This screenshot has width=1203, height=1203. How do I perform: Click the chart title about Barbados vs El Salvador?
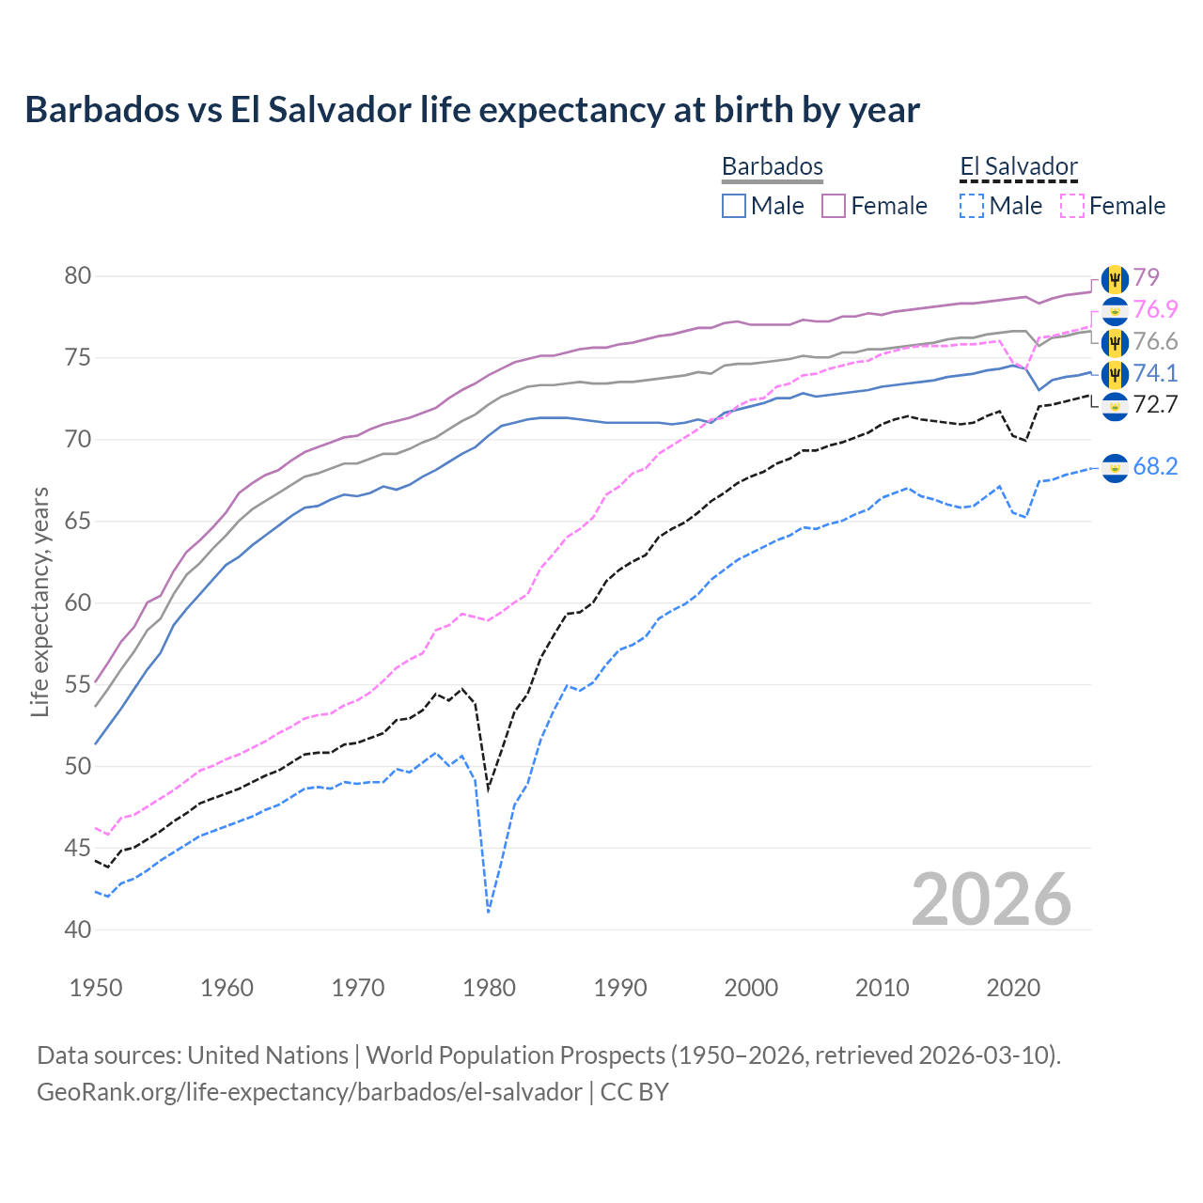pos(472,110)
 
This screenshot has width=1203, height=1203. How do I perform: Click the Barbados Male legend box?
pos(734,206)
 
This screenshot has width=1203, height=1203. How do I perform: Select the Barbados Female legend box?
pos(834,206)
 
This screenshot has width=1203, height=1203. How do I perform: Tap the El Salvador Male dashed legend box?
pos(972,206)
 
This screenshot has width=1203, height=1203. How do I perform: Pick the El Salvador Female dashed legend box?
pos(1072,206)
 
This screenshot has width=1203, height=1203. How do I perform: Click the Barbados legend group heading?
pos(772,166)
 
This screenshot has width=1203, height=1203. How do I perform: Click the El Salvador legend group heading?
pos(1018,166)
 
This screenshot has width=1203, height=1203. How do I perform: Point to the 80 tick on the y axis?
pos(78,276)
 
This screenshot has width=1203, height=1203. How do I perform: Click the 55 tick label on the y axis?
pos(78,684)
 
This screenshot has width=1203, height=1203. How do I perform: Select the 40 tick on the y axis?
pos(78,930)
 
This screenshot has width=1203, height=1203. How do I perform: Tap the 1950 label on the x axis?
pos(96,988)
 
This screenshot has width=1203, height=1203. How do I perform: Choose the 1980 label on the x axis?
pos(489,988)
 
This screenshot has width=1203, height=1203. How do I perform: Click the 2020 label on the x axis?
pos(1013,988)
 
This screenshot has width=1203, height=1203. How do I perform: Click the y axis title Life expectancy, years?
pos(39,601)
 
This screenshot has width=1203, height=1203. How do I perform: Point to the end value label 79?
pos(1146,277)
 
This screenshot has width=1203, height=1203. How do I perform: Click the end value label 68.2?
pos(1155,467)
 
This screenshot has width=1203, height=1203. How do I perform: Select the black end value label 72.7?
pos(1155,405)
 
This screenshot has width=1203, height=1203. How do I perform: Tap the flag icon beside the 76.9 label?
pos(1115,310)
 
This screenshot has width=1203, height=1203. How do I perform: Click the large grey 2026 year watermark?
pos(992,899)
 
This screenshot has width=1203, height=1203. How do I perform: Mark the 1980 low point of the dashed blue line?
pos(489,912)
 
